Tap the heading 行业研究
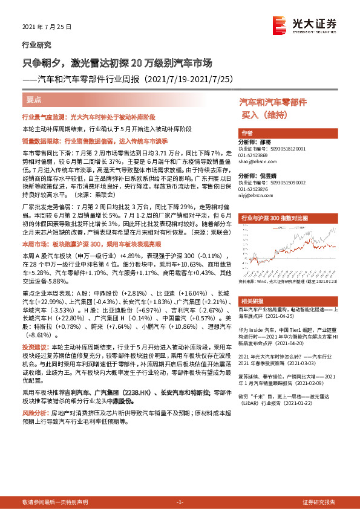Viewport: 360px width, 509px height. [x=36, y=45]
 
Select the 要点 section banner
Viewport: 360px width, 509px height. [x=34, y=99]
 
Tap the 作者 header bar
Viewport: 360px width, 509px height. [x=247, y=134]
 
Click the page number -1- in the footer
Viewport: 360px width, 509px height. [x=180, y=502]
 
